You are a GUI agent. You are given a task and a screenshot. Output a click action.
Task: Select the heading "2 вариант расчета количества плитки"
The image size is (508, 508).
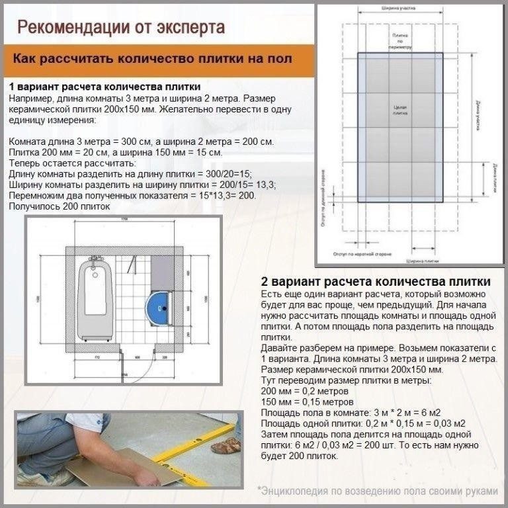click(x=376, y=282)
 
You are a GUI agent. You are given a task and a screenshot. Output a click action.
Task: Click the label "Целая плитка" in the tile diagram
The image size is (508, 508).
click(x=400, y=110)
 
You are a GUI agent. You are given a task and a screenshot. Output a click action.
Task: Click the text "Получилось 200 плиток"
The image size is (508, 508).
click(x=60, y=207)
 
